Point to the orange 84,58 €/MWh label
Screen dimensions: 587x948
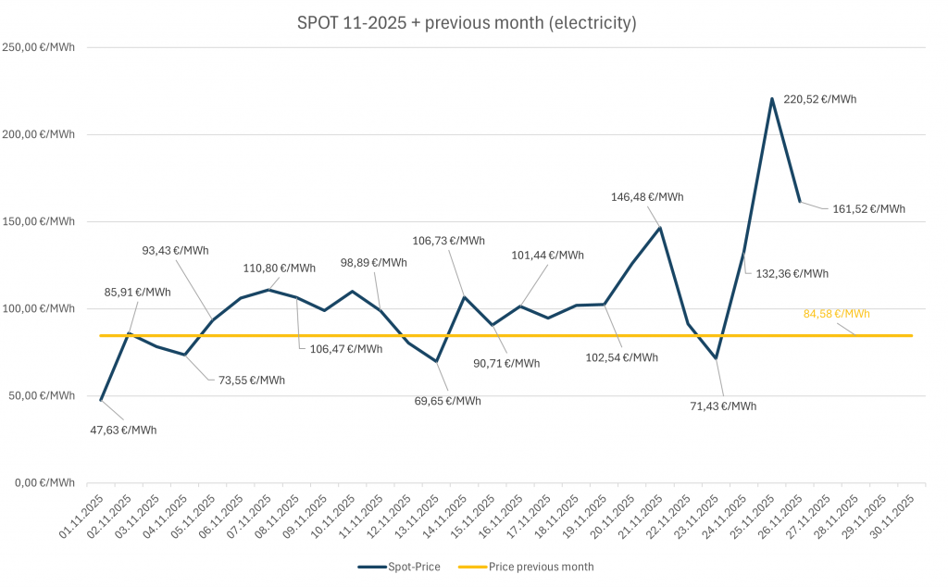[x=837, y=314]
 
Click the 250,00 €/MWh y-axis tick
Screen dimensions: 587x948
[x=38, y=47]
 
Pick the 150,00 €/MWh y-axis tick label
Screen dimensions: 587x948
[x=38, y=221]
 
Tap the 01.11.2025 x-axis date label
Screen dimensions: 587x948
[x=80, y=517]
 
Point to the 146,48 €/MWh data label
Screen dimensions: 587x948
[x=647, y=197]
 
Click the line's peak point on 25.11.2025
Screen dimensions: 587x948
[x=772, y=98]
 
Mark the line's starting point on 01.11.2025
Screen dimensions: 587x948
[x=100, y=399]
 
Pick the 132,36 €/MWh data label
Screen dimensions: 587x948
[x=792, y=273]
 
